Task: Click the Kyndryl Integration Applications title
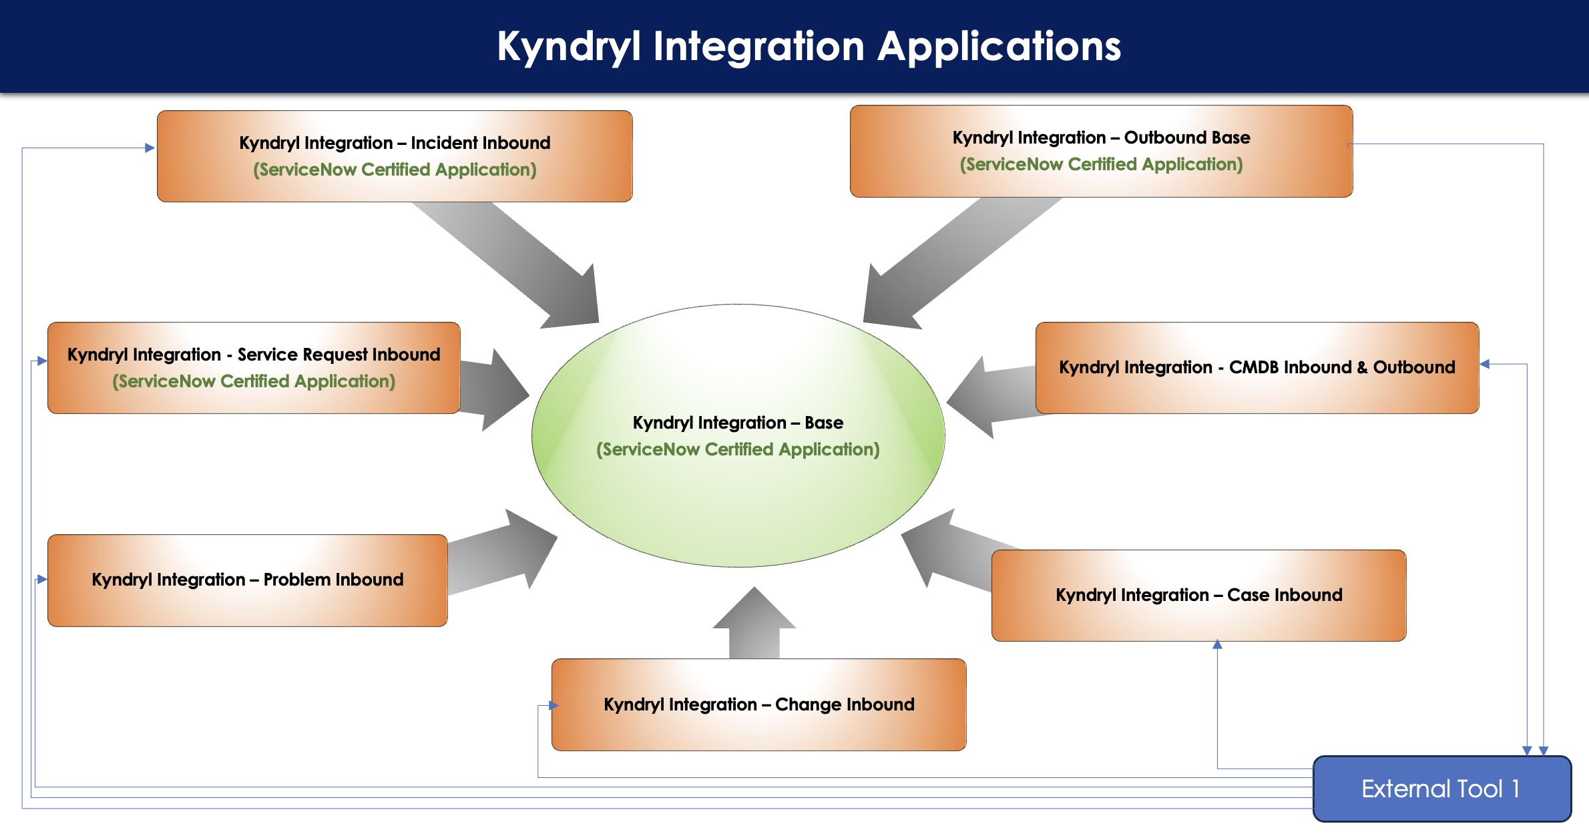[x=809, y=47]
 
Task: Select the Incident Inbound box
[x=395, y=156]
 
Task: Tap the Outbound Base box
[x=1101, y=151]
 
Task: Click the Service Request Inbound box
[x=254, y=368]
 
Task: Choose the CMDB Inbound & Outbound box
[x=1257, y=368]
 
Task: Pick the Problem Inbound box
[x=248, y=580]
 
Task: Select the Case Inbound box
[x=1199, y=596]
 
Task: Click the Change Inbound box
[x=759, y=704]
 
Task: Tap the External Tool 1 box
[x=1442, y=789]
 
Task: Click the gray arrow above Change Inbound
[x=754, y=622]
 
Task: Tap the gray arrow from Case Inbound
[x=955, y=549]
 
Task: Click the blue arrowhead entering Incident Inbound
[x=150, y=148]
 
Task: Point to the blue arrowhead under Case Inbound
[x=1217, y=644]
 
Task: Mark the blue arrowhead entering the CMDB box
[x=1485, y=364]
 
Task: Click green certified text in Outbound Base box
[x=1101, y=164]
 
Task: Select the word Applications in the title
[x=999, y=47]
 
